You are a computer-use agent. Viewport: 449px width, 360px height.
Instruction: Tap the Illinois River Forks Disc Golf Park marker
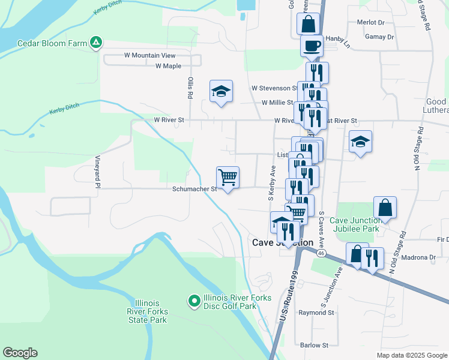click(194, 301)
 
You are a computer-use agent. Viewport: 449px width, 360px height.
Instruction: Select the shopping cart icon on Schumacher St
click(228, 178)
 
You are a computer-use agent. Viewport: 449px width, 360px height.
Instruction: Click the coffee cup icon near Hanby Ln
click(312, 46)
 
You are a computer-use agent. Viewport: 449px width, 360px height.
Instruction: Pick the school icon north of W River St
click(221, 92)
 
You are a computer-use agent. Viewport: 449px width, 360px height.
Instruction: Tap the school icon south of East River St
click(360, 142)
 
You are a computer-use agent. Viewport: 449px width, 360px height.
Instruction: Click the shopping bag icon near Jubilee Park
click(385, 208)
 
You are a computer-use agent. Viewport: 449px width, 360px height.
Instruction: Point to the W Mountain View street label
click(149, 55)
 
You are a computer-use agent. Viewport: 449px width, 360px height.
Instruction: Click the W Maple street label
click(168, 66)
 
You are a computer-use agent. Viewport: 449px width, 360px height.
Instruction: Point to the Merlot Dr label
click(370, 22)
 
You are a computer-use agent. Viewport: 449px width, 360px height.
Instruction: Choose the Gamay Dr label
click(379, 37)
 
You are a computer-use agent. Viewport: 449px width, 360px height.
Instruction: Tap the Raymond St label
click(316, 313)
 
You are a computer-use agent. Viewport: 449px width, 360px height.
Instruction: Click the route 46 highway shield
click(322, 254)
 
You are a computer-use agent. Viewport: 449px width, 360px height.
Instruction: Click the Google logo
click(20, 353)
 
